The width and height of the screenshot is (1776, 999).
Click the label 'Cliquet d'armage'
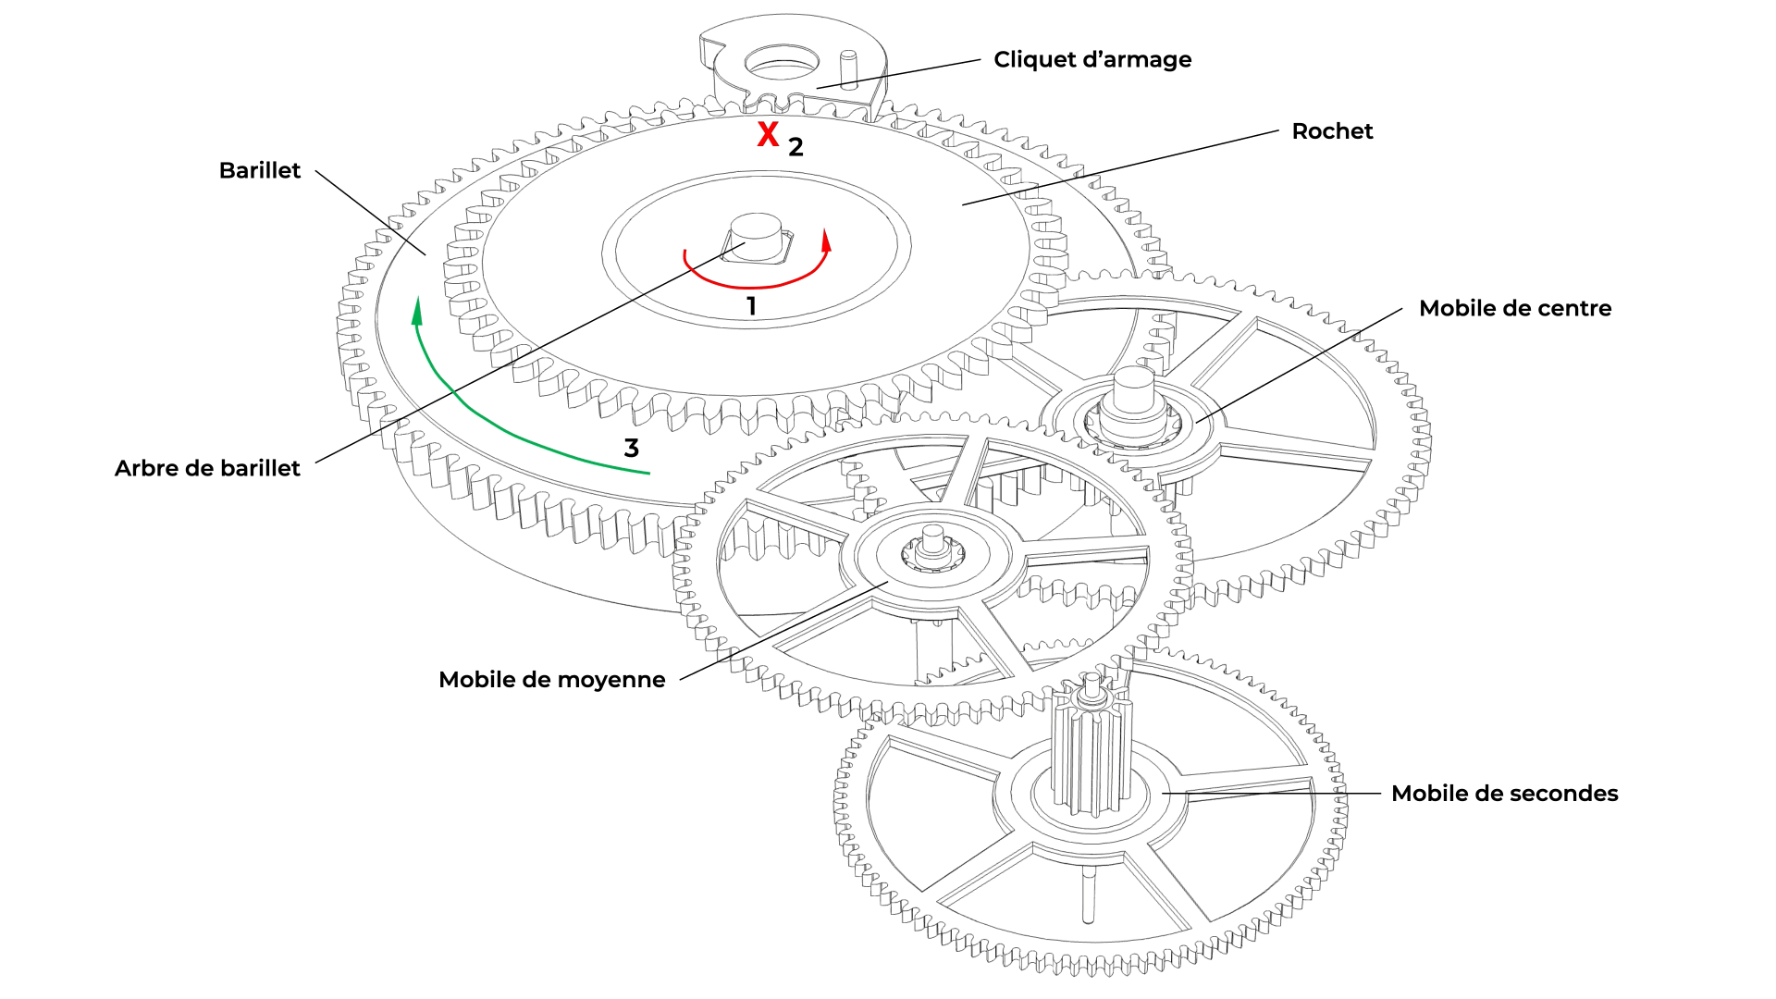(x=1091, y=60)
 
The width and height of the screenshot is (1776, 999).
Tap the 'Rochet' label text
(x=1332, y=131)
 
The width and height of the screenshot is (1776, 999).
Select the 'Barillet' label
(x=259, y=171)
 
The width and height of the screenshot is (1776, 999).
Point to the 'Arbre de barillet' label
(x=207, y=468)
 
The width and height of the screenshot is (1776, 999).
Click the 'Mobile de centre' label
(x=1514, y=308)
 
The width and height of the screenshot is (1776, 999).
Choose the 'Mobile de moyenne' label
(x=551, y=680)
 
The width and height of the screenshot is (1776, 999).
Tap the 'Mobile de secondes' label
(x=1504, y=794)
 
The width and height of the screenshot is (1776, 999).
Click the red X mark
(x=768, y=135)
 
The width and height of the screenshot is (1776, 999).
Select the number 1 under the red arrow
(x=751, y=306)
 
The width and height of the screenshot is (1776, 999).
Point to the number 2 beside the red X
(x=795, y=147)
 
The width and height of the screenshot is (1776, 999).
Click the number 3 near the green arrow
(x=632, y=449)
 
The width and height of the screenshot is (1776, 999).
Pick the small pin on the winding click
(x=847, y=69)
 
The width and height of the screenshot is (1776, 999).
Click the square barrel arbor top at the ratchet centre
(x=756, y=239)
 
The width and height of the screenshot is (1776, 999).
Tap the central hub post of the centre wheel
(x=1133, y=393)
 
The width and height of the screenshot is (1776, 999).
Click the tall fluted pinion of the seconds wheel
(x=1091, y=749)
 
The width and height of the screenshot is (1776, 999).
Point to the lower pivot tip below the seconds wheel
(x=1088, y=911)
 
